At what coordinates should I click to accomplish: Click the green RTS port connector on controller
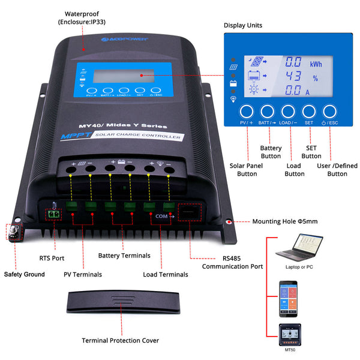(x=54, y=212)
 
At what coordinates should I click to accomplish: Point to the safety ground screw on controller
(x=13, y=231)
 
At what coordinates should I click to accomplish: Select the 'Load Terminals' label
(x=166, y=274)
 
